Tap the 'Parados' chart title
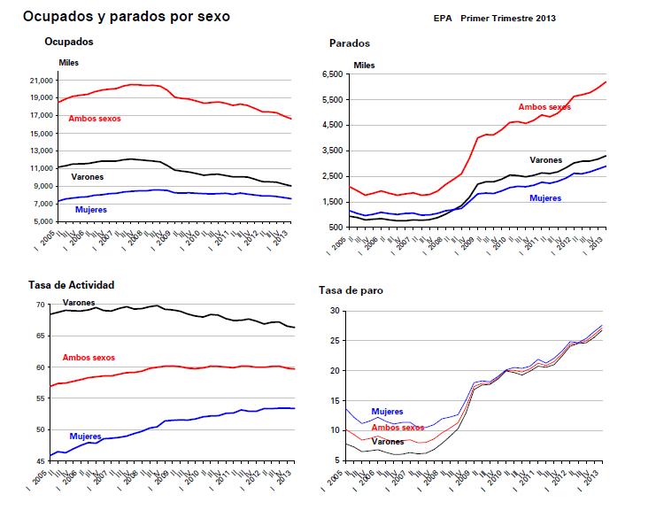pos(350,42)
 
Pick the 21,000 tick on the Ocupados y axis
pos(40,81)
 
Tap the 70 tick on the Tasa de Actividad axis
pos(40,305)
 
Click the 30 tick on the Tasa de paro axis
pos(335,311)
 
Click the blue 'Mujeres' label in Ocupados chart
pos(93,210)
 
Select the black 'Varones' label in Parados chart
pos(545,160)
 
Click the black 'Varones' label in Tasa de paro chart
pos(388,442)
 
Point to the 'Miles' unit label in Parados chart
pos(364,66)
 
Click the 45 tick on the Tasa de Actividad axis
pos(40,461)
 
